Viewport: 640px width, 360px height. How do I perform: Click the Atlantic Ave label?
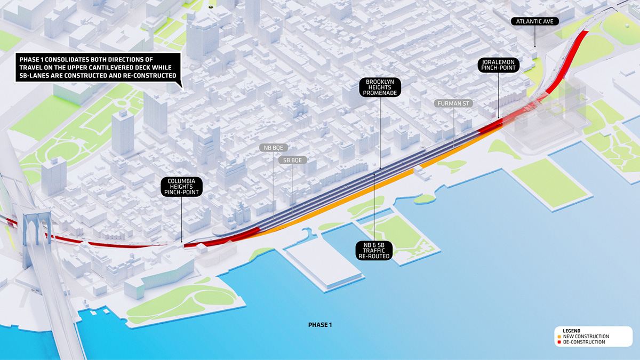coord(535,21)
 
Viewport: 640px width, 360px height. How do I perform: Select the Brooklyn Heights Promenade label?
coord(380,87)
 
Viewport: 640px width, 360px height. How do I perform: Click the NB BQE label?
coord(273,148)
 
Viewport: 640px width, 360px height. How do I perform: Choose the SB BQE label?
coord(292,159)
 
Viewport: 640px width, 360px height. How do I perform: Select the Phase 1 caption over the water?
coord(321,324)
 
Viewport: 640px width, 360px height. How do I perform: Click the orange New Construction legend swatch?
coord(558,337)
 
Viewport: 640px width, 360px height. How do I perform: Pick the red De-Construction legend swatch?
coord(558,342)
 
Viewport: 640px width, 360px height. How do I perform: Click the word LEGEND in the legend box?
coord(571,331)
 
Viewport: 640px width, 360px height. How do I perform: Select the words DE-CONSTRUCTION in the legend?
coord(584,342)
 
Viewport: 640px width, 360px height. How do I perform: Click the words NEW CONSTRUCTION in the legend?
coord(586,337)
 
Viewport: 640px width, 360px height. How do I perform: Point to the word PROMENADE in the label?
coord(380,93)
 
